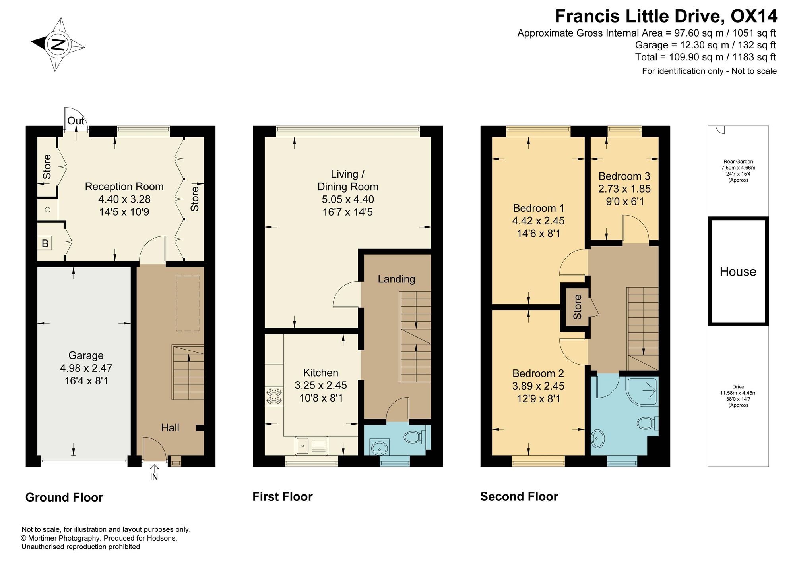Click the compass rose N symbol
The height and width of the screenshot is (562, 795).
tap(58, 44)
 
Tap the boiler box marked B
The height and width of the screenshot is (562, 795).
tap(45, 243)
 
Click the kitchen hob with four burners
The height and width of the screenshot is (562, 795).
tap(274, 396)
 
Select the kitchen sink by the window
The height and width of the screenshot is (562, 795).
tap(312, 446)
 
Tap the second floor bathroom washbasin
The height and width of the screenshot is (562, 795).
tap(598, 438)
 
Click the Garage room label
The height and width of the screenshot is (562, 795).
tap(86, 355)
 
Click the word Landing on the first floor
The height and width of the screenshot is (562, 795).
tap(396, 279)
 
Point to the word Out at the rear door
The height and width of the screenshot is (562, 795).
tap(76, 121)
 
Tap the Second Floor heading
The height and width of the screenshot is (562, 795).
tap(519, 497)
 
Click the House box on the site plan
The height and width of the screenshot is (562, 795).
tap(738, 272)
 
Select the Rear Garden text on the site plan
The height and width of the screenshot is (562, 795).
tap(738, 162)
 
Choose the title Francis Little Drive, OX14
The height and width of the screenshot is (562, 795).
tap(666, 16)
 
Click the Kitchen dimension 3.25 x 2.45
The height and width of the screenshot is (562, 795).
tap(321, 385)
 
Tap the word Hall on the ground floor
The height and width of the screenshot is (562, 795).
tap(170, 428)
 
